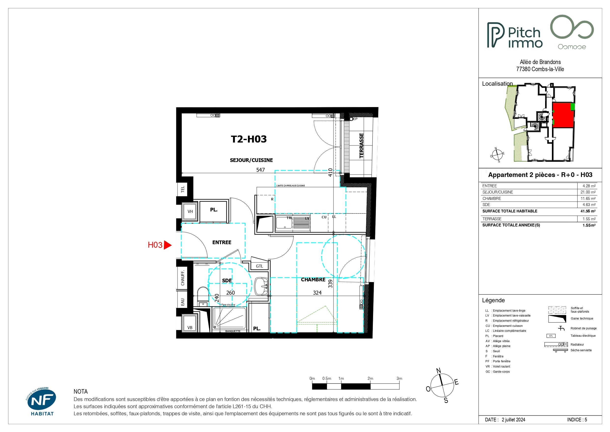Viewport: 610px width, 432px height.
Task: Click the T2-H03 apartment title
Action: (249, 139)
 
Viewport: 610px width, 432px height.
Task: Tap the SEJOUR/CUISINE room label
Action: (251, 160)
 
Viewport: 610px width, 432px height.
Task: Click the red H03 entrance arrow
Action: (168, 245)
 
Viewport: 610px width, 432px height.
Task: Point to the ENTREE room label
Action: (222, 242)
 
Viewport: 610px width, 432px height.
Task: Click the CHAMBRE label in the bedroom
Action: (313, 280)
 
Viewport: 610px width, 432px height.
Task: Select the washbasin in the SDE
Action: (261, 287)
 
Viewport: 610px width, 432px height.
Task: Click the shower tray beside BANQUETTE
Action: (229, 318)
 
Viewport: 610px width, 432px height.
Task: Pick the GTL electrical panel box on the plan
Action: (260, 266)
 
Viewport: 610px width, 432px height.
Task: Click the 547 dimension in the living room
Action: (260, 170)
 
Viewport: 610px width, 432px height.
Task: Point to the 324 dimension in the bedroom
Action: (317, 293)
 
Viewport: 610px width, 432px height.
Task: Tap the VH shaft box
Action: (190, 211)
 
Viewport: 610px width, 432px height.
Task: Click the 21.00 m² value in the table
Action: (588, 192)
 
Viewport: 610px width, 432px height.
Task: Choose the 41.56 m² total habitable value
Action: (588, 211)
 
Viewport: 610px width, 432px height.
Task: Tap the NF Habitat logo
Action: (42, 402)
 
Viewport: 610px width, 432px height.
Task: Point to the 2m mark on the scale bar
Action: (370, 379)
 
